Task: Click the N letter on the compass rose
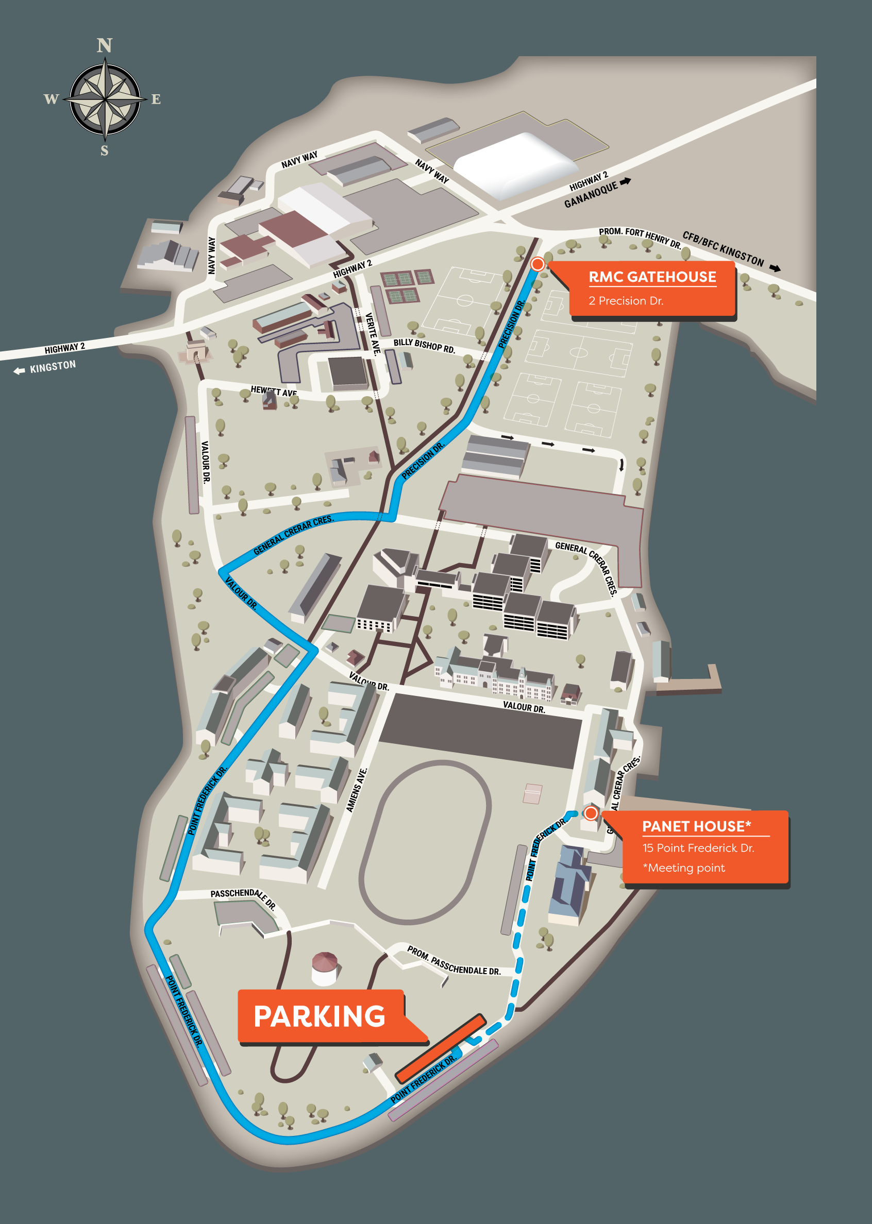[104, 46]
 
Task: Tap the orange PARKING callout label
[320, 1016]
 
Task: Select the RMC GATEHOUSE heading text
[652, 277]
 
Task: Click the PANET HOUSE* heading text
[696, 826]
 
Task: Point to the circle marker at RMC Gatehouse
[537, 264]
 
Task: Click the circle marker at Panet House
[591, 813]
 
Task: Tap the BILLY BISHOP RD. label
[424, 346]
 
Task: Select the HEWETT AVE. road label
[274, 391]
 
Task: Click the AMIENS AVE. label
[356, 790]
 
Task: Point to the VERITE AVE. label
[372, 333]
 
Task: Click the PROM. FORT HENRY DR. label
[640, 237]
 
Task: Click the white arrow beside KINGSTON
[20, 371]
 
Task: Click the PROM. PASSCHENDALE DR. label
[453, 961]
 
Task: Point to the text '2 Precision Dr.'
[626, 301]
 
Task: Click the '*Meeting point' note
[683, 868]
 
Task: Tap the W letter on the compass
[51, 99]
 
